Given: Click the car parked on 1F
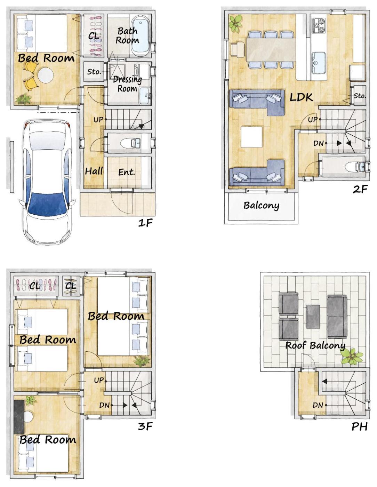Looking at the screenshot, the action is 47,182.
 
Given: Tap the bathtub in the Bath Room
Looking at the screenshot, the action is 140,37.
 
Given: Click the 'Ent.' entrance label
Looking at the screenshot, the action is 127,172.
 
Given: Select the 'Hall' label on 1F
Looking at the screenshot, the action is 94,171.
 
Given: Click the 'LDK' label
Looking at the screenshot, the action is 301,97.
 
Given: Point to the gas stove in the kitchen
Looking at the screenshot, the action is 319,25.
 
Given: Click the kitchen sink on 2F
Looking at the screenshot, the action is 319,63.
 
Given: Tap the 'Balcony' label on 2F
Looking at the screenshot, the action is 261,206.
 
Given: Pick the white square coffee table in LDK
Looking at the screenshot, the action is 251,137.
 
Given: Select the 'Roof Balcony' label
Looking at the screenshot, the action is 315,345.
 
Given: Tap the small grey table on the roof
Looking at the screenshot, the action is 313,317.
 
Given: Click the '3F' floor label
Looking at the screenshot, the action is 145,426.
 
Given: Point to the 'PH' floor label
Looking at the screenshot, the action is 359,426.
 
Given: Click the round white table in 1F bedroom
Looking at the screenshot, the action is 46,75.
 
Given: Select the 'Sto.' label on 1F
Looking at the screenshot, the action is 94,72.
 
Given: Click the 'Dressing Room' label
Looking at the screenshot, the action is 127,84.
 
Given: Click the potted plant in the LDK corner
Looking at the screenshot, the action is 236,23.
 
